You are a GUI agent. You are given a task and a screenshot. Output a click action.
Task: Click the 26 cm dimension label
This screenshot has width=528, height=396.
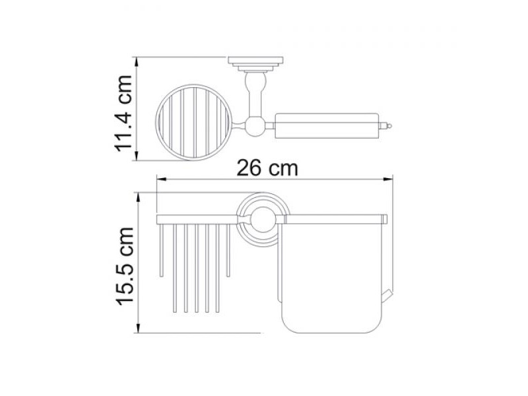267,168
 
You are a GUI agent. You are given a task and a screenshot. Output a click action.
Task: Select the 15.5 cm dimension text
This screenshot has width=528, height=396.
125,267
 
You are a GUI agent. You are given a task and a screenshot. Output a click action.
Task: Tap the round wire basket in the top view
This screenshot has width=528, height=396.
193,122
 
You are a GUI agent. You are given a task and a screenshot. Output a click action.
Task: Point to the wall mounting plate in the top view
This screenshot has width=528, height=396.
255,64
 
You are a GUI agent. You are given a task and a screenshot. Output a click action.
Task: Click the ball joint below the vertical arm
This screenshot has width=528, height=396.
255,126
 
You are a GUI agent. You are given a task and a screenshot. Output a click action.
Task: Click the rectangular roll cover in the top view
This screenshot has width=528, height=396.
327,126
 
